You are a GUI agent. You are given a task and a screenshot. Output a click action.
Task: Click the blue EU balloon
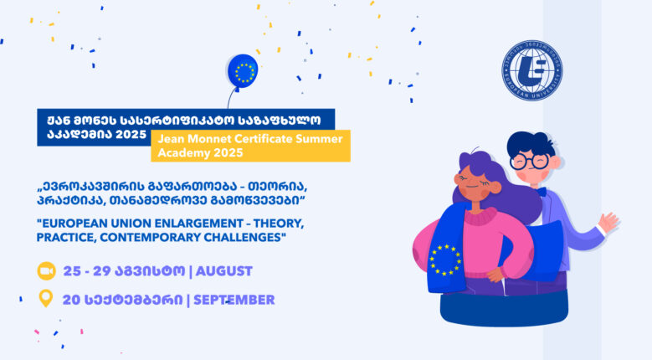(243, 71)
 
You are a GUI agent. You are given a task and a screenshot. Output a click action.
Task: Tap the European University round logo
(531, 70)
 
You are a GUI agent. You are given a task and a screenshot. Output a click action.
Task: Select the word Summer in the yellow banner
(319, 138)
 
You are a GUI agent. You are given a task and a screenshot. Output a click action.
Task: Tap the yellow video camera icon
(46, 271)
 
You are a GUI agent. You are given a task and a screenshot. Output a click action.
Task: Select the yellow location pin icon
(46, 299)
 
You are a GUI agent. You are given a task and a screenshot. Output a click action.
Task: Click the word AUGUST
(223, 271)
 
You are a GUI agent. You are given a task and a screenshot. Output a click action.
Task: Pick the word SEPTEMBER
(234, 300)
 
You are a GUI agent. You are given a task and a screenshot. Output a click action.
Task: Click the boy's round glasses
(529, 162)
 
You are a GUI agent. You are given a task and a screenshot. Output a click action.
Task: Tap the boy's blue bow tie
(541, 192)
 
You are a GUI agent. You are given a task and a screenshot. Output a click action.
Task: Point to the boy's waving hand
(608, 222)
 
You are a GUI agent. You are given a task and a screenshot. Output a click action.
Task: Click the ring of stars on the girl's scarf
(445, 260)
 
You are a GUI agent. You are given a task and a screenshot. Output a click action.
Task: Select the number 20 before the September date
(71, 300)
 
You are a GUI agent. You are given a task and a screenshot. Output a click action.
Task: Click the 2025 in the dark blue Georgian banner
(131, 134)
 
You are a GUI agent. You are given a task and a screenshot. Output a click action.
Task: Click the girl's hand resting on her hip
(495, 275)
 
